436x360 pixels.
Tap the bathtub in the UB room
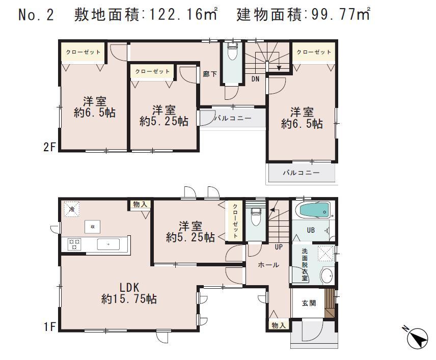click(x=313, y=210)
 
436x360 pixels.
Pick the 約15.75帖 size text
click(x=128, y=299)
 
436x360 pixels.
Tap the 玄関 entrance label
click(x=309, y=303)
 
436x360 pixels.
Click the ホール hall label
click(x=268, y=265)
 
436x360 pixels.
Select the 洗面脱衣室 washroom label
click(x=304, y=264)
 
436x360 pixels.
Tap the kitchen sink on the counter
click(x=107, y=245)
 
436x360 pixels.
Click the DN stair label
click(x=256, y=79)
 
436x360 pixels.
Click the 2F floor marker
click(x=49, y=147)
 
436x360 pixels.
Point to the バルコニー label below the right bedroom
click(x=301, y=173)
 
